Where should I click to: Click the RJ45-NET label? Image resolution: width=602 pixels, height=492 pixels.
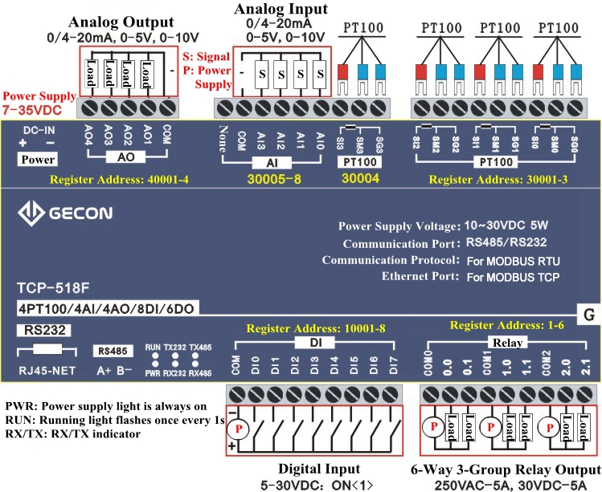(46, 370)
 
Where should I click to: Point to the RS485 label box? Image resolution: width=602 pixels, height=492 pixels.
(109, 351)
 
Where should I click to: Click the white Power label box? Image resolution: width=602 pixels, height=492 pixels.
(38, 159)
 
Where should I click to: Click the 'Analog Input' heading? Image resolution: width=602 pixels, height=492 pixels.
(281, 10)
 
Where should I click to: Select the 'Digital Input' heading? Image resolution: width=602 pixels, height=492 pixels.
(319, 468)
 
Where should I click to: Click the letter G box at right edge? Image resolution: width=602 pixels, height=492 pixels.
(588, 315)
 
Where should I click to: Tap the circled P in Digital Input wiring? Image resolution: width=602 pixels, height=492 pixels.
(240, 429)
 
